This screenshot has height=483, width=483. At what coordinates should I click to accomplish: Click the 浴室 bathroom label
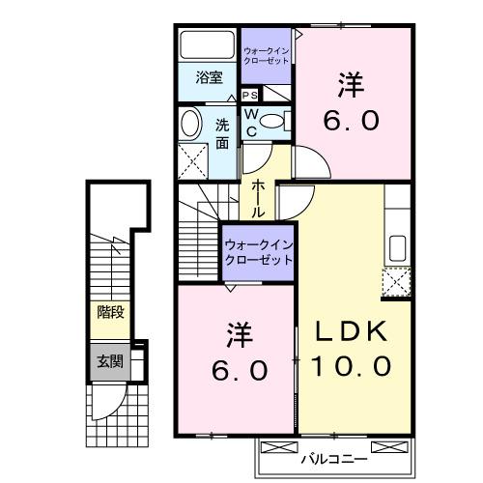[x=210, y=78]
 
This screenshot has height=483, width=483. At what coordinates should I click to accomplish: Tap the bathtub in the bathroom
[x=206, y=45]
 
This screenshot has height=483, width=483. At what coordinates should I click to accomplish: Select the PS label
[x=249, y=95]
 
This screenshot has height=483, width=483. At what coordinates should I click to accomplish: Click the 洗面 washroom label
[x=222, y=134]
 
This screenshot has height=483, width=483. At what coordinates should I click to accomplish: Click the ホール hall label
[x=260, y=197]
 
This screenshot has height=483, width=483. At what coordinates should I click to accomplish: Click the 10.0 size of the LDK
[x=351, y=366]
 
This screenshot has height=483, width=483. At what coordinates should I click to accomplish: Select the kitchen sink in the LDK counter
[x=396, y=247]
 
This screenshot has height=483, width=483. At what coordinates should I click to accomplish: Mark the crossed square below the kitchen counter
[x=397, y=282]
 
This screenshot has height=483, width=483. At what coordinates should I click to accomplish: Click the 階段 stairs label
[x=109, y=312]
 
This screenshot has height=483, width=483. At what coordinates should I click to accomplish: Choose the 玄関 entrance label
[x=108, y=362]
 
